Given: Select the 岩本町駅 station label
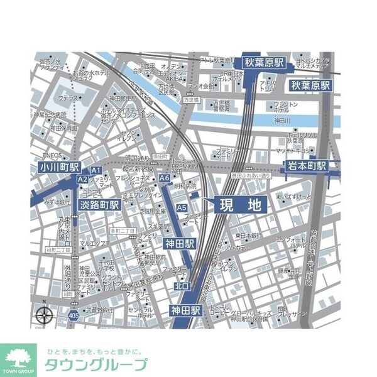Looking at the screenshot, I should [x=308, y=166].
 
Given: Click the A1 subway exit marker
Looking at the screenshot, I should [x=96, y=170].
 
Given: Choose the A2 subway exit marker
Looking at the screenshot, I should [x=82, y=180].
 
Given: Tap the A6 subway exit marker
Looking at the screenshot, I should [x=165, y=179].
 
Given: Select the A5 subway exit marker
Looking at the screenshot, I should [x=182, y=208].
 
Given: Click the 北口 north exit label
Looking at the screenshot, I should [x=182, y=286].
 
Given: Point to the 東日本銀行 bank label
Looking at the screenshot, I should [x=248, y=236].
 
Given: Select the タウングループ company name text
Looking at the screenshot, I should [x=96, y=365].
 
